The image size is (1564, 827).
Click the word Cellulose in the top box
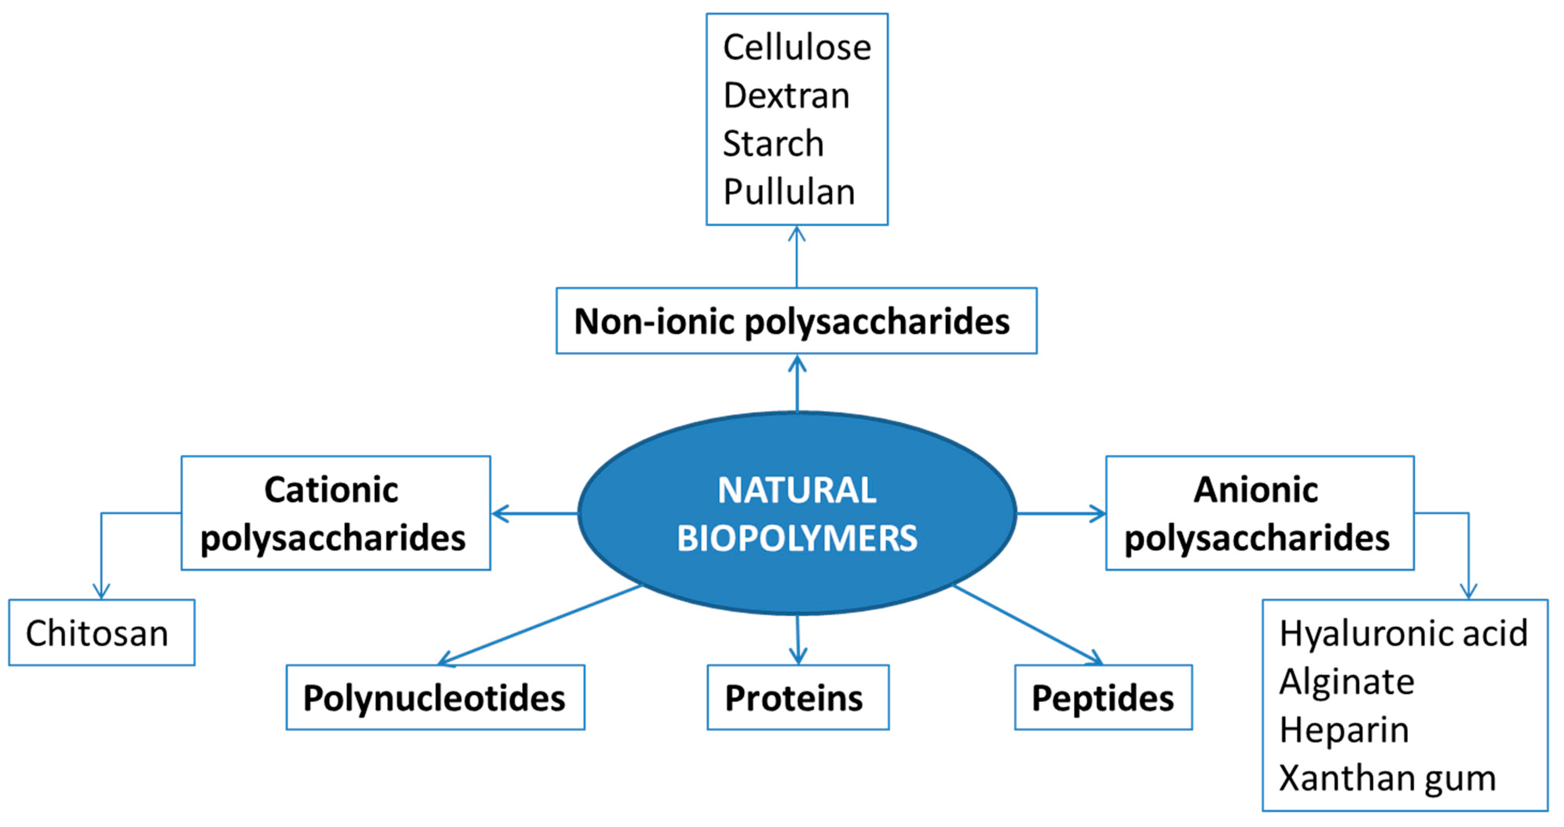(797, 48)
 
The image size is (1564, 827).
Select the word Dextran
(786, 96)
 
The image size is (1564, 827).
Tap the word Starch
(773, 144)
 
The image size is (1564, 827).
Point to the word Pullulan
(789, 192)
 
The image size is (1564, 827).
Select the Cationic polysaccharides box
(335, 513)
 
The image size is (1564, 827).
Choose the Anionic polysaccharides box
(1259, 513)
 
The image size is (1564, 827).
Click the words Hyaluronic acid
(1403, 633)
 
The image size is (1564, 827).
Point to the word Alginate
(1346, 681)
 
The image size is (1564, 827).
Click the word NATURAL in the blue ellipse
(797, 490)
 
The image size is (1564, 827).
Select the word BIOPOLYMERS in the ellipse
(797, 538)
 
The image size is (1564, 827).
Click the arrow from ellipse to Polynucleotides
(540, 624)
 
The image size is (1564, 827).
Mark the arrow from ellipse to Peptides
(1027, 624)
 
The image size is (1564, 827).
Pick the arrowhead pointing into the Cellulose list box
(797, 234)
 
